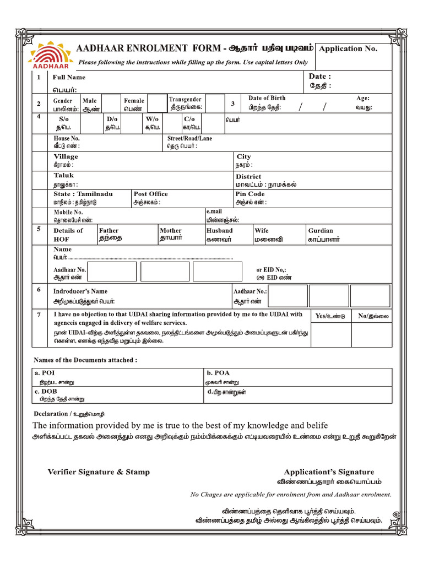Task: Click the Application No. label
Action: pos(348,48)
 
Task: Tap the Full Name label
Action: pos(69,78)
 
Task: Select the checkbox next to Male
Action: pos(111,104)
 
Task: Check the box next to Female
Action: pos(157,104)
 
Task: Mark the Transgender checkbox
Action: pos(215,104)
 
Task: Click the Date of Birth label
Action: pos(267,98)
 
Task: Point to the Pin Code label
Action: pos(250,194)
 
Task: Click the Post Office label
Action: pos(151,194)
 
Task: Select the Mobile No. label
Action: pos(68,212)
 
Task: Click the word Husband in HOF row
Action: pos(219,231)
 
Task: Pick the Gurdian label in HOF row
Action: pos(321,231)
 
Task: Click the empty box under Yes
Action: pos(330,335)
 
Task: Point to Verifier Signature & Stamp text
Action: pos(99,472)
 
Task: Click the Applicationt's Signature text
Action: pos(329,472)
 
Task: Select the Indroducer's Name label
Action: pos(80,291)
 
